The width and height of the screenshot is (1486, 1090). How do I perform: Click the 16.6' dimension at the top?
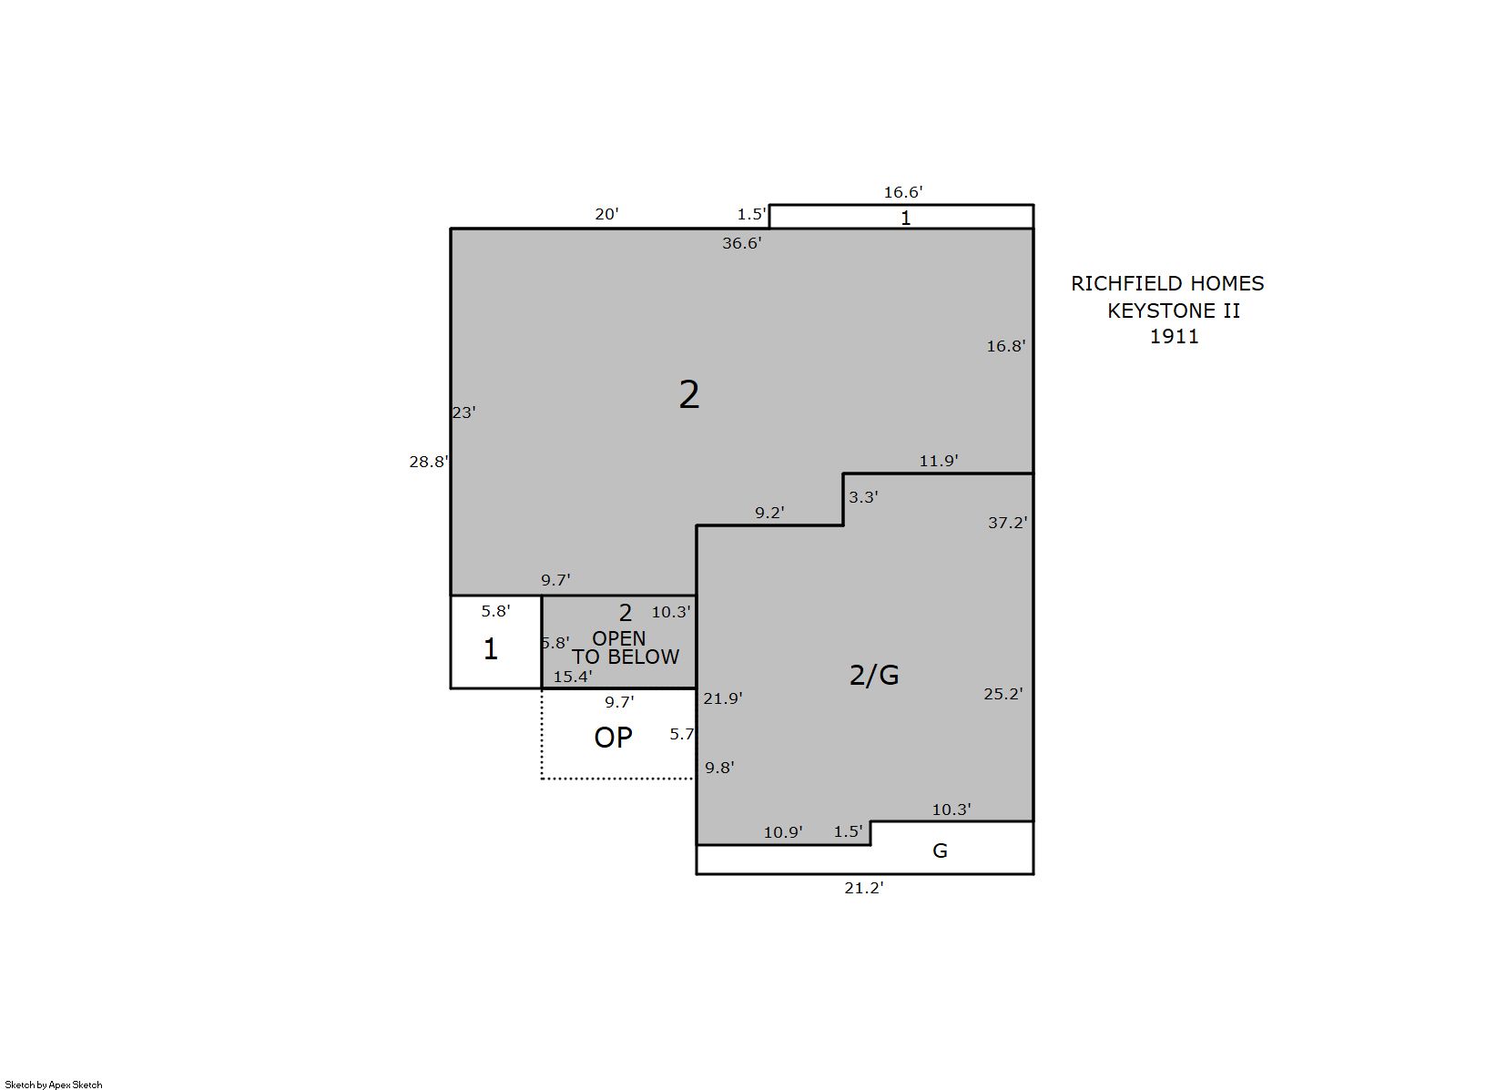[x=903, y=192]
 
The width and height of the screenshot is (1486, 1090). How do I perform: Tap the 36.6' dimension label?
[x=742, y=243]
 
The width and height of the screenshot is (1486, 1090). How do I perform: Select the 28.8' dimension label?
[x=429, y=462]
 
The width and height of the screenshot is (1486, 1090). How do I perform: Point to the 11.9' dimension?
[x=938, y=461]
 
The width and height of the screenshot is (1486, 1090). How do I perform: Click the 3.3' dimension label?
[x=863, y=497]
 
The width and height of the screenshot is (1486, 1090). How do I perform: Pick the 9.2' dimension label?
[x=769, y=513]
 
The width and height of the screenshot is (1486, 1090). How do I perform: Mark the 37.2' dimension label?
[x=1007, y=523]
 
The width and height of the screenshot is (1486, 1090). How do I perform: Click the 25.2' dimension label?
[x=1003, y=694]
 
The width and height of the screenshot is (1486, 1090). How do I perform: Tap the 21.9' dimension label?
[x=722, y=698]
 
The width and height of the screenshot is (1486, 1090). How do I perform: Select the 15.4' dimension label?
[x=573, y=677]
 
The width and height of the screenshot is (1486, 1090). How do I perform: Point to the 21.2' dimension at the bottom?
[x=864, y=888]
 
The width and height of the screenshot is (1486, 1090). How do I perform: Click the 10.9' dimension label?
[x=783, y=832]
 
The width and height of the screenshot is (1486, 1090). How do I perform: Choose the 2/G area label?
[x=874, y=676]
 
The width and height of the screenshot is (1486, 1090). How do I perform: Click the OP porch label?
[x=613, y=738]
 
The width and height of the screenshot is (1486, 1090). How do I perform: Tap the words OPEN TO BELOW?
[x=625, y=648]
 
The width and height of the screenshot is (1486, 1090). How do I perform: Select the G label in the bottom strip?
[x=940, y=851]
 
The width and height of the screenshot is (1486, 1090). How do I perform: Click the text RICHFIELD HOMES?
[x=1167, y=284]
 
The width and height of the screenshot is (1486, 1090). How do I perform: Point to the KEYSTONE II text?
[x=1174, y=311]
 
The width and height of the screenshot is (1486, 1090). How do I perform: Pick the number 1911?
[x=1175, y=336]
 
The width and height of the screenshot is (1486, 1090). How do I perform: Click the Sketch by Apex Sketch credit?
[x=54, y=1085]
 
